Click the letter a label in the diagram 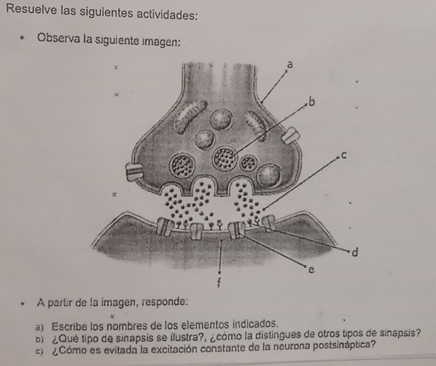tap(290, 65)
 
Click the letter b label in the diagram tap(312, 102)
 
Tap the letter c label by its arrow tap(343, 156)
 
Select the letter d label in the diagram tap(355, 252)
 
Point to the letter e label tap(312, 269)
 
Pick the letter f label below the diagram tap(220, 283)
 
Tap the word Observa tap(58, 38)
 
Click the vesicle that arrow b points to tap(225, 158)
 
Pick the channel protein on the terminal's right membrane tap(291, 135)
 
